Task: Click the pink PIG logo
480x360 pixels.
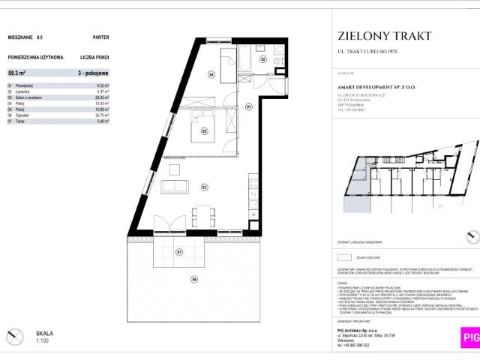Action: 469,338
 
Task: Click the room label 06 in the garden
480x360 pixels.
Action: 193,279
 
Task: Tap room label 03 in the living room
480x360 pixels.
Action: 204,186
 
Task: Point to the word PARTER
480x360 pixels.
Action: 100,36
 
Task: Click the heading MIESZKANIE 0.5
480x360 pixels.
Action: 25,36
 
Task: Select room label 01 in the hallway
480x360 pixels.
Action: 248,107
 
